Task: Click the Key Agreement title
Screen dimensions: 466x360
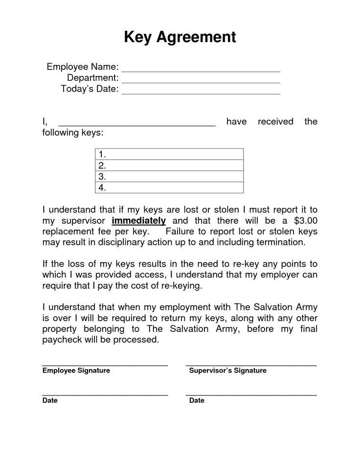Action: click(x=180, y=37)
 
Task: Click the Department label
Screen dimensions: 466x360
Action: click(x=93, y=78)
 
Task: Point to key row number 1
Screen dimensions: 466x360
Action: click(x=169, y=154)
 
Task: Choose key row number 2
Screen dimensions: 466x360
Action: click(x=169, y=165)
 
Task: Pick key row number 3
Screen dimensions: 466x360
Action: click(x=169, y=176)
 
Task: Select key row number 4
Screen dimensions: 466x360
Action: click(x=169, y=187)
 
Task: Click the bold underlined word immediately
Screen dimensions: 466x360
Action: click(x=139, y=220)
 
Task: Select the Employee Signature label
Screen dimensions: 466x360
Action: click(x=76, y=371)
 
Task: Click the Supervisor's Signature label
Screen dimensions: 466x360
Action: click(x=227, y=371)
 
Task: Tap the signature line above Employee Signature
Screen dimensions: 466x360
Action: click(x=105, y=365)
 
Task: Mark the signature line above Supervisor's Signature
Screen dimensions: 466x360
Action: click(x=251, y=365)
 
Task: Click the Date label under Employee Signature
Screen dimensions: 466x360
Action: click(x=50, y=400)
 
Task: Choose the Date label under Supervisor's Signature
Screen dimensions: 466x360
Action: click(x=197, y=400)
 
